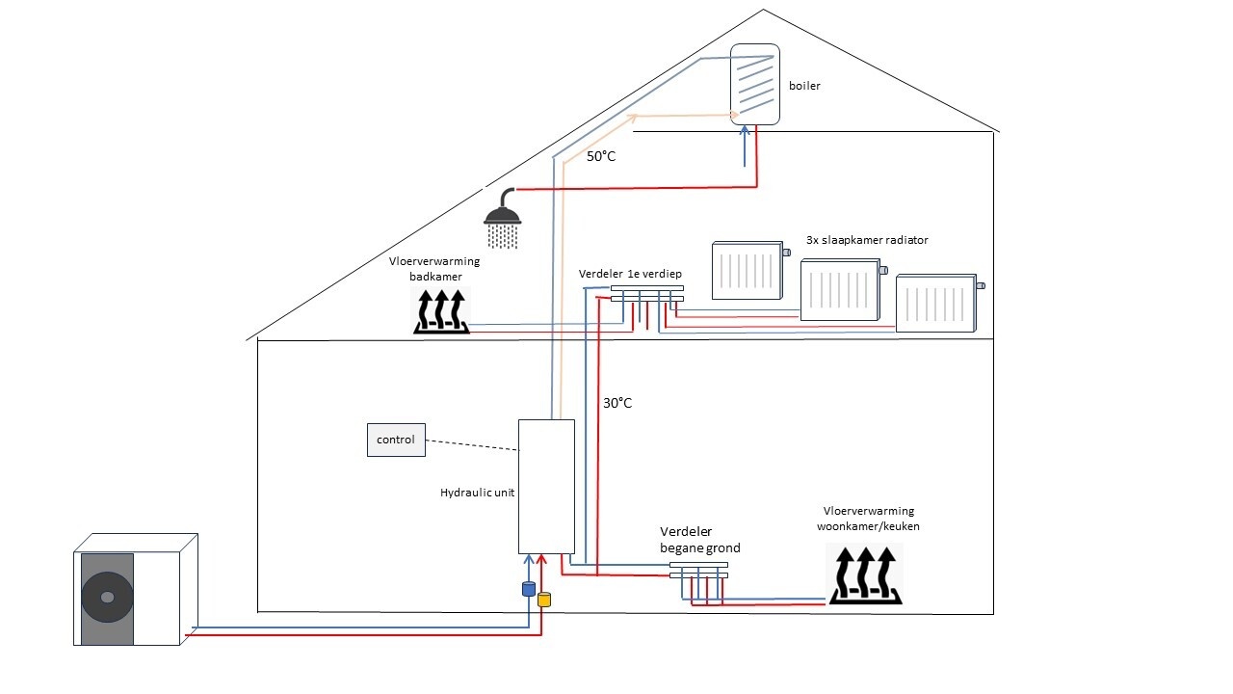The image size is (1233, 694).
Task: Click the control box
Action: [396, 440]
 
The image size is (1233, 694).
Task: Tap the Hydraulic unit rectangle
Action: [546, 485]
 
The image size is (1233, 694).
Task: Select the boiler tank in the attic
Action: [755, 85]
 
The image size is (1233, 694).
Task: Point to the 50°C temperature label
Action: [601, 155]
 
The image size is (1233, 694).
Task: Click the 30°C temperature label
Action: [617, 403]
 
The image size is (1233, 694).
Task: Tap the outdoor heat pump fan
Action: [106, 597]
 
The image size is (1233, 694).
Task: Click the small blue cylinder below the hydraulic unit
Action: [528, 588]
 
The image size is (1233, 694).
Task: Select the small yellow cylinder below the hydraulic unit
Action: [543, 599]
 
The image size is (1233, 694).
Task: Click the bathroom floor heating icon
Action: [441, 311]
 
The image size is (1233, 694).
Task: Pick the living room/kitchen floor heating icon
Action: [863, 574]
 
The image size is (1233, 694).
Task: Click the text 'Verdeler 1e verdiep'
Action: [631, 274]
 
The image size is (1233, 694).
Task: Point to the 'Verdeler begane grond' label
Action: [699, 540]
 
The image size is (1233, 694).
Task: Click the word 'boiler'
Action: [804, 86]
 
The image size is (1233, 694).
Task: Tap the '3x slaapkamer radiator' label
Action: [867, 240]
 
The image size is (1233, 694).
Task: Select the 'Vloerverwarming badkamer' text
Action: [434, 268]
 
